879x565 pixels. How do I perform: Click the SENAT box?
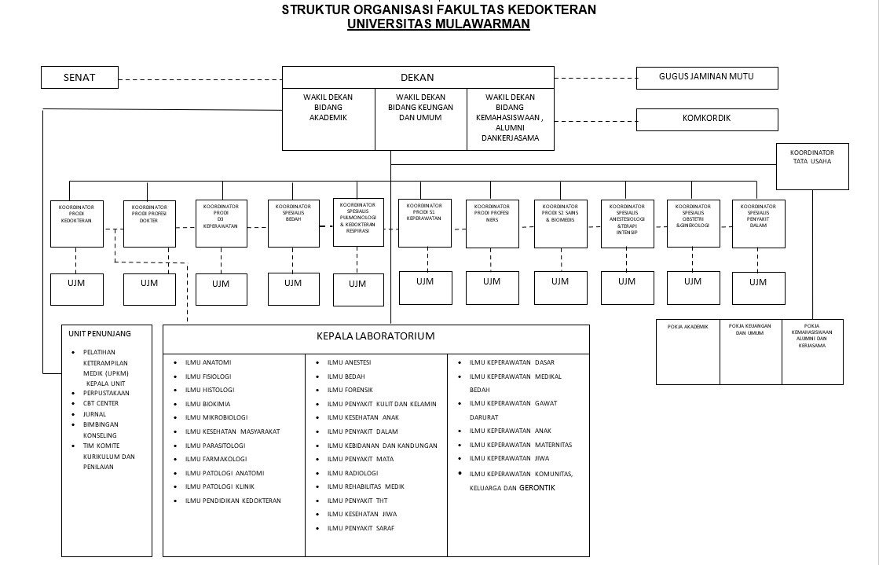(79, 78)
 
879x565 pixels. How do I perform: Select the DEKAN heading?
(417, 77)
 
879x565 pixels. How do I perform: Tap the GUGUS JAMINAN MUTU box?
(706, 78)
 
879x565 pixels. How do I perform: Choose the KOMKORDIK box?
(706, 119)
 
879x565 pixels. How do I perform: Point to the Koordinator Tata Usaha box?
(811, 166)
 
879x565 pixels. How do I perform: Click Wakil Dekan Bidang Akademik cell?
(328, 118)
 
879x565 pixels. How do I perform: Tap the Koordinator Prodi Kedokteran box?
(77, 223)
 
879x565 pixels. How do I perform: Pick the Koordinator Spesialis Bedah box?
(293, 222)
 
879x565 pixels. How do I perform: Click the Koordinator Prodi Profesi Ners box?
(492, 222)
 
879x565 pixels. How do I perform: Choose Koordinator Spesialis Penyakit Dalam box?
(758, 222)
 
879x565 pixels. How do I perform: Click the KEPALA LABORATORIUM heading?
(375, 336)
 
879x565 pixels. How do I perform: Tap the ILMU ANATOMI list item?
(208, 362)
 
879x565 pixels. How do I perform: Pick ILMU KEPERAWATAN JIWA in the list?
(510, 458)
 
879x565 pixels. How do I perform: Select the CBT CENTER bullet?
(101, 403)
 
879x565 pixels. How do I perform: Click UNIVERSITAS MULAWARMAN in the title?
(439, 24)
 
